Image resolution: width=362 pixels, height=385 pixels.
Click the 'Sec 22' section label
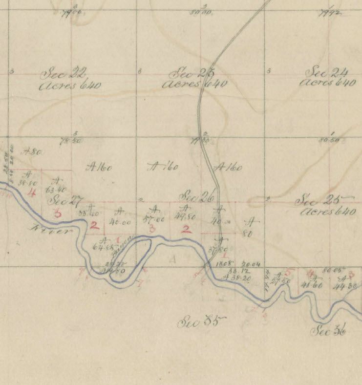point(64,74)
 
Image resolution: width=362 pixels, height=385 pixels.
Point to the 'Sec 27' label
point(68,200)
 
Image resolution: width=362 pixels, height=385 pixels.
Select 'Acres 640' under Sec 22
point(70,86)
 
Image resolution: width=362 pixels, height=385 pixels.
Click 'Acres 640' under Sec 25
point(328,212)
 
